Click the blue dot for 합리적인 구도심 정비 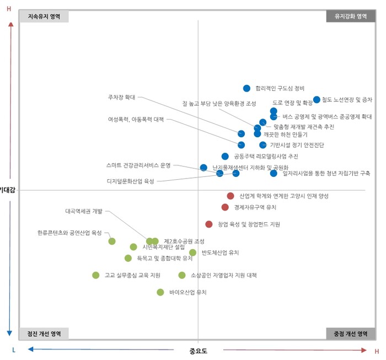tap(246, 88)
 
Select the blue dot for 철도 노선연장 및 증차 tap(317, 100)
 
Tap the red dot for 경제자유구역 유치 tap(225, 207)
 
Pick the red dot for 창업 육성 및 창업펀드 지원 tap(209, 224)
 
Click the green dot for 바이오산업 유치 tap(160, 292)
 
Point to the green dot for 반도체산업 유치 tap(192, 252)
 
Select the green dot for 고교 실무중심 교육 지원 tap(96, 275)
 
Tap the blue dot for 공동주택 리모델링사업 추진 tap(225, 157)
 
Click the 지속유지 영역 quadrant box tap(44, 17)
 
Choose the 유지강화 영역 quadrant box tap(351, 17)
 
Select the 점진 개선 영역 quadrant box tap(44, 334)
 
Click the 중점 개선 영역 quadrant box tap(351, 334)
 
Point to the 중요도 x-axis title tap(198, 351)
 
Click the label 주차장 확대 tap(122, 97)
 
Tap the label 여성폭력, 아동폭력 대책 tap(136, 119)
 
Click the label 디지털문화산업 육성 tap(131, 181)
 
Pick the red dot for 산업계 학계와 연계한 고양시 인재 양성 tap(230, 196)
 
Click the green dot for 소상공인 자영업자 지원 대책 tap(182, 275)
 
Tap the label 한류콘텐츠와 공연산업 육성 tap(69, 233)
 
